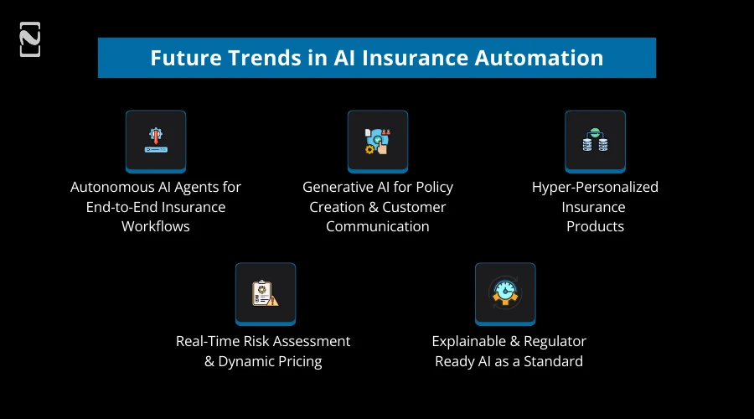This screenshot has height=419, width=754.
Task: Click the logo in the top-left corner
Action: (30, 40)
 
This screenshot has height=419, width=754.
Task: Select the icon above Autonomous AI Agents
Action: (156, 141)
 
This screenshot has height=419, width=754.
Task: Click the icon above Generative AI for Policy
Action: (378, 141)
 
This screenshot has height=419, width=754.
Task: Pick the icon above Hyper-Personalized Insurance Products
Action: (595, 141)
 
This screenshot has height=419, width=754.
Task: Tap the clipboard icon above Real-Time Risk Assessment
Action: (265, 293)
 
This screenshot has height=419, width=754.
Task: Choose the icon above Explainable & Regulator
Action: (505, 293)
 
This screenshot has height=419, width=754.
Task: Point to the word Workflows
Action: (156, 226)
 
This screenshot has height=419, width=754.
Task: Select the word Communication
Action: (378, 226)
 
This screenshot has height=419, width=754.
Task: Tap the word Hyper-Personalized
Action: (595, 187)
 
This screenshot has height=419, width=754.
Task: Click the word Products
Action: (595, 226)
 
